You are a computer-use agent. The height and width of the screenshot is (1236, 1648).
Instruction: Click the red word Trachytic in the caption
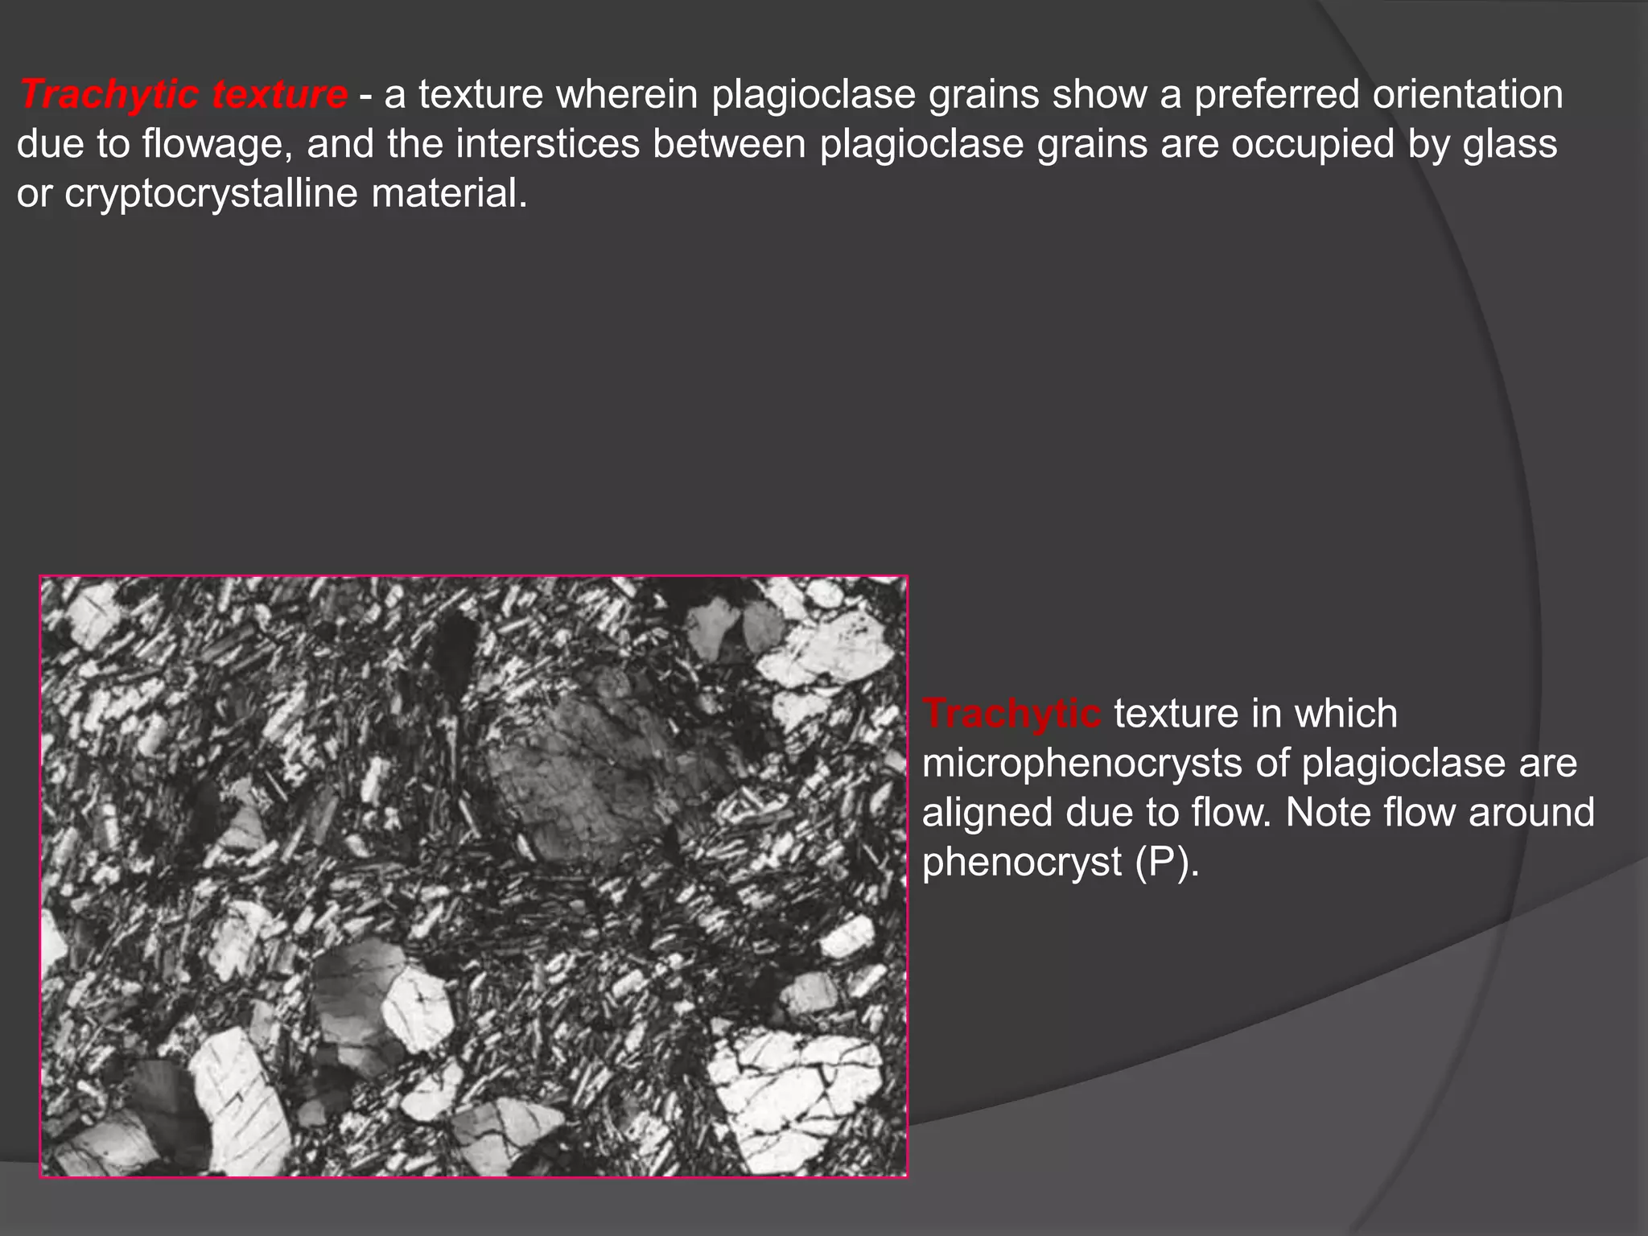click(1011, 714)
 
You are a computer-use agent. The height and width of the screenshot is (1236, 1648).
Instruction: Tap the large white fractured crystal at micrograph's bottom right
click(793, 1094)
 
